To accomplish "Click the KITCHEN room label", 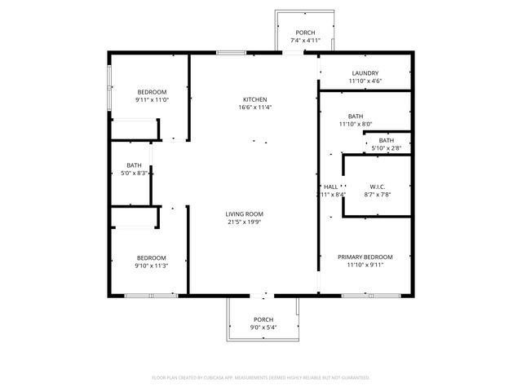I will pos(254,99).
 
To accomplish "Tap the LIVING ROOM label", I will pos(244,214).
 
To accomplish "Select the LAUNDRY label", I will pos(365,73).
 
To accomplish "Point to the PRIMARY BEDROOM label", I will pos(365,257).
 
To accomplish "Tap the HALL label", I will pos(330,187).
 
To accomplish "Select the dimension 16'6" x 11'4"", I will pos(254,108).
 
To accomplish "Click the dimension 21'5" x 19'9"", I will pos(244,222).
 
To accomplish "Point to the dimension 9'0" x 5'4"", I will pos(263,327).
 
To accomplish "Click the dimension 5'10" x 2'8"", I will pos(386,148).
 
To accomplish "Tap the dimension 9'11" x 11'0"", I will pos(152,99).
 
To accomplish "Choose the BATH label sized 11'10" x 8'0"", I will pos(355,116).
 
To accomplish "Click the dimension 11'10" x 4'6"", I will pos(365,81).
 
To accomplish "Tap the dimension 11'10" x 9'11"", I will pos(365,265).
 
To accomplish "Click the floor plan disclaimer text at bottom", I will pos(261,377).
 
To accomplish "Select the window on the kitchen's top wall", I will pos(231,53).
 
